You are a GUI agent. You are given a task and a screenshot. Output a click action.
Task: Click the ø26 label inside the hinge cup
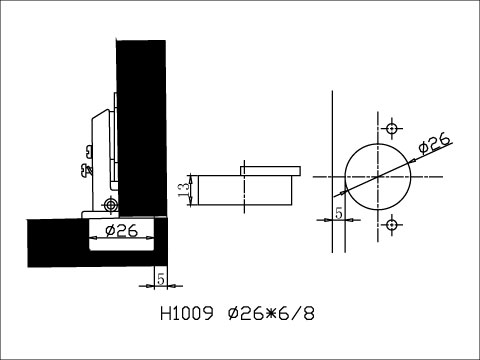121,232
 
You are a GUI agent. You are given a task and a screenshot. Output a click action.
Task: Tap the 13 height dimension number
182,189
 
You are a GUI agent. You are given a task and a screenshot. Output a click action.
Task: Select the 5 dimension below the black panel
159,276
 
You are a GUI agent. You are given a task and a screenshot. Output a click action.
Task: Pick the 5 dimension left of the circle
338,214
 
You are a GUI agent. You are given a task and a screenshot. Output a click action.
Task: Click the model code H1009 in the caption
187,312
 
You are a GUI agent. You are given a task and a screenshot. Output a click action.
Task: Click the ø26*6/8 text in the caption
270,312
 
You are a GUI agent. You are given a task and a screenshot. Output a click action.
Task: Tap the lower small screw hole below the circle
392,222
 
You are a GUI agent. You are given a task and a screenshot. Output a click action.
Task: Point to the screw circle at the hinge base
108,204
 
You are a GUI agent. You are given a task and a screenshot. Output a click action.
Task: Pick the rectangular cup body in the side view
245,189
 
